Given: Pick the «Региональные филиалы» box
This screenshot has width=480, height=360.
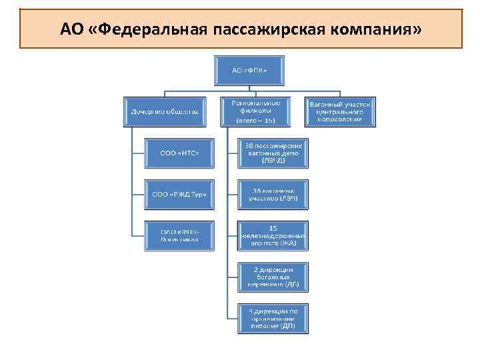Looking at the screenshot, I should pos(255,111).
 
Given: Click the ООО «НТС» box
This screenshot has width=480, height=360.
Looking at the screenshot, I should pos(179,153).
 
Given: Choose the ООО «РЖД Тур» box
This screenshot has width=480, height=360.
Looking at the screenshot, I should pos(179,195).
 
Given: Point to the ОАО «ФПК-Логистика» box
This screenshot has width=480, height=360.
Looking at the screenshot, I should pos(179,235).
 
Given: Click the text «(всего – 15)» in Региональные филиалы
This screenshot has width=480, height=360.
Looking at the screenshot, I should pos(255,121).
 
